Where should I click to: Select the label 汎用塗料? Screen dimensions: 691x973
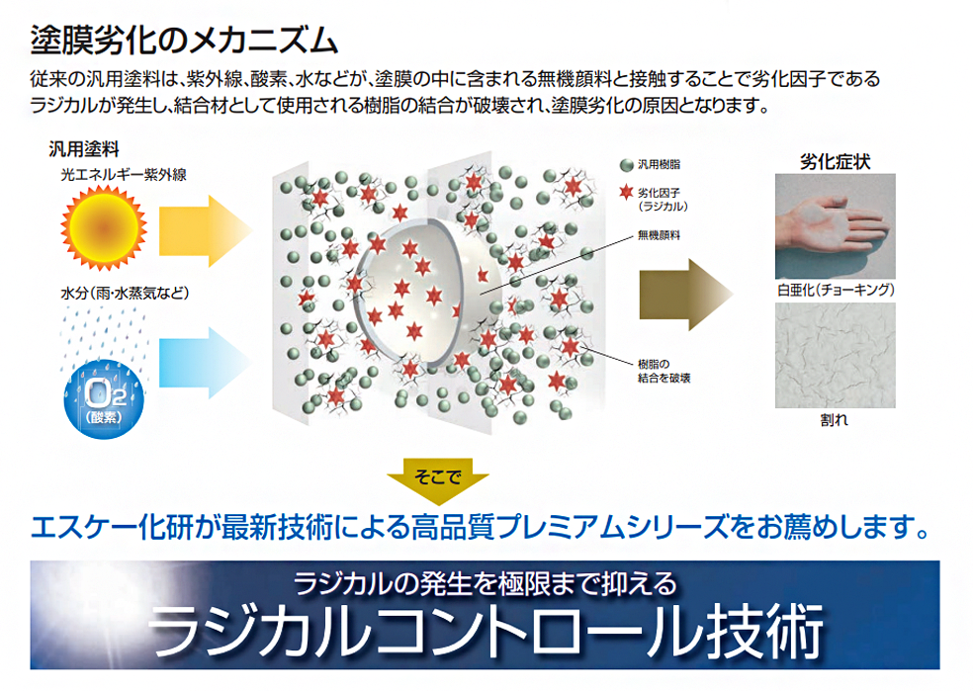pos(84,150)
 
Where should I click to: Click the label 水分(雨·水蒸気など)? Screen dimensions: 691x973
pos(124,294)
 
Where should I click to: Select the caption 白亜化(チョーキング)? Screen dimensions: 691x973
pos(837,291)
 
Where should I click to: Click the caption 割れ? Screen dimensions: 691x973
pos(834,419)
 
